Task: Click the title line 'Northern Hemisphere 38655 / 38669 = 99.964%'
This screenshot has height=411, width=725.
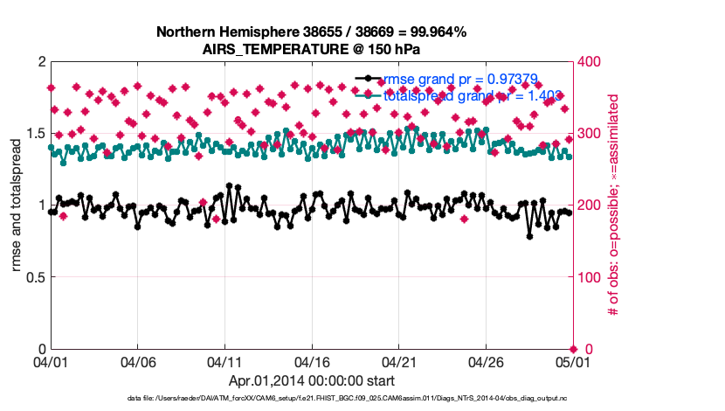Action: coord(311,32)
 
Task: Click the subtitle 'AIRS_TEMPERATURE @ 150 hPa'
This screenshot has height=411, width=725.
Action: coord(311,49)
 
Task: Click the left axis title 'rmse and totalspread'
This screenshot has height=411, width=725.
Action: coord(17,205)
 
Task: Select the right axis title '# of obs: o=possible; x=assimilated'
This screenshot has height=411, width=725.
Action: coord(613,205)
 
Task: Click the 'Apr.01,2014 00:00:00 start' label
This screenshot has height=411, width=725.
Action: coord(311,380)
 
